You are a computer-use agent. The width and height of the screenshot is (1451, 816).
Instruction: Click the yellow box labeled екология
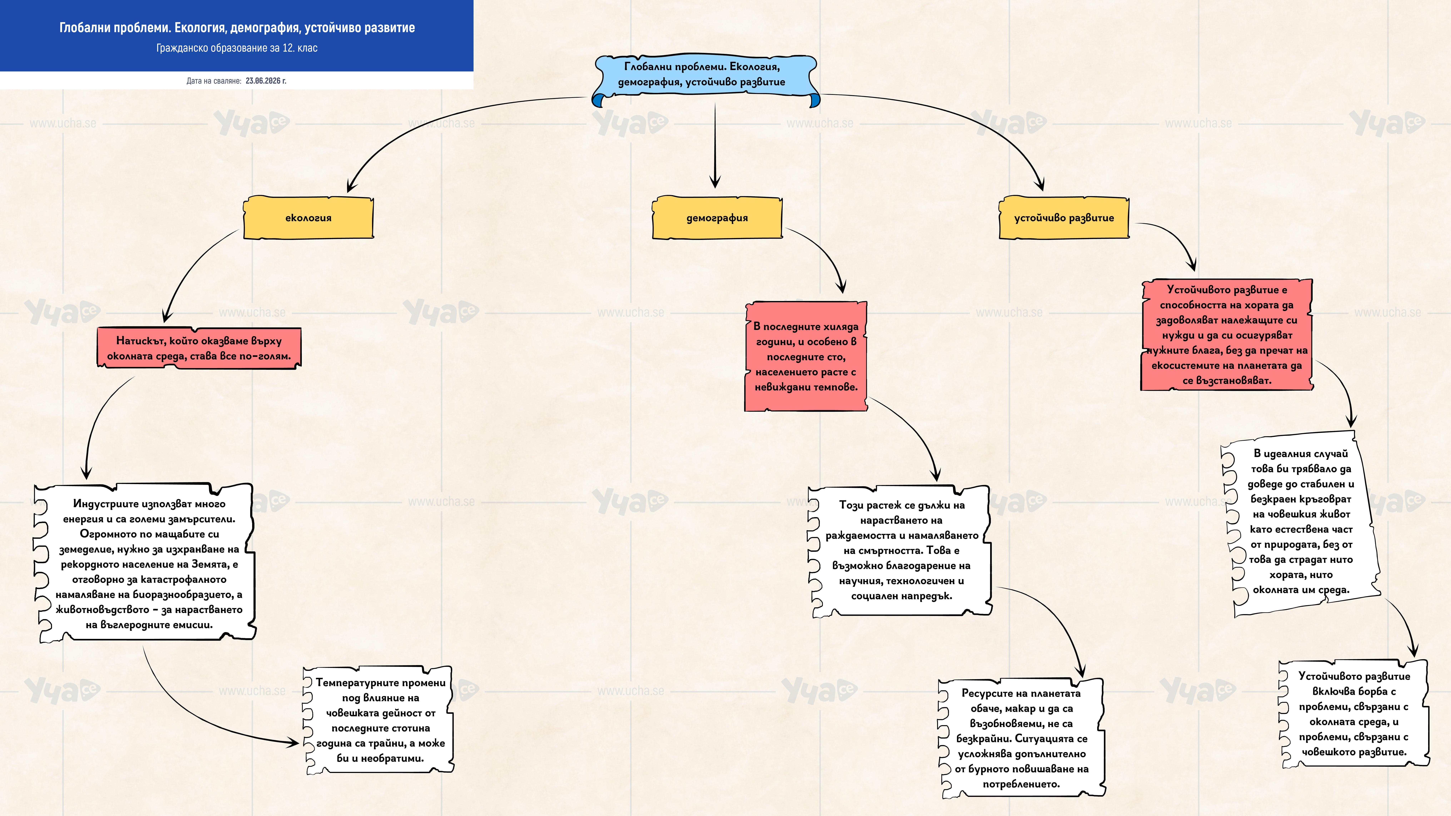pyautogui.click(x=308, y=218)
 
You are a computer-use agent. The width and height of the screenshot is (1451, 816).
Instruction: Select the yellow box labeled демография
pyautogui.click(x=717, y=218)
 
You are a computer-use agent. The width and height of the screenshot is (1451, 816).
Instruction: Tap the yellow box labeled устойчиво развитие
pyautogui.click(x=1064, y=218)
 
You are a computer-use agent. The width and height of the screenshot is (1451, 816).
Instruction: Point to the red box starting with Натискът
pyautogui.click(x=199, y=348)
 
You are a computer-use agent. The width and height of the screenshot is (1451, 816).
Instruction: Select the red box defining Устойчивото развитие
pyautogui.click(x=1227, y=335)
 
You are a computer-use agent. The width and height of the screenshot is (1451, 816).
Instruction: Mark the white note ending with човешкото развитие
pyautogui.click(x=1354, y=714)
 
